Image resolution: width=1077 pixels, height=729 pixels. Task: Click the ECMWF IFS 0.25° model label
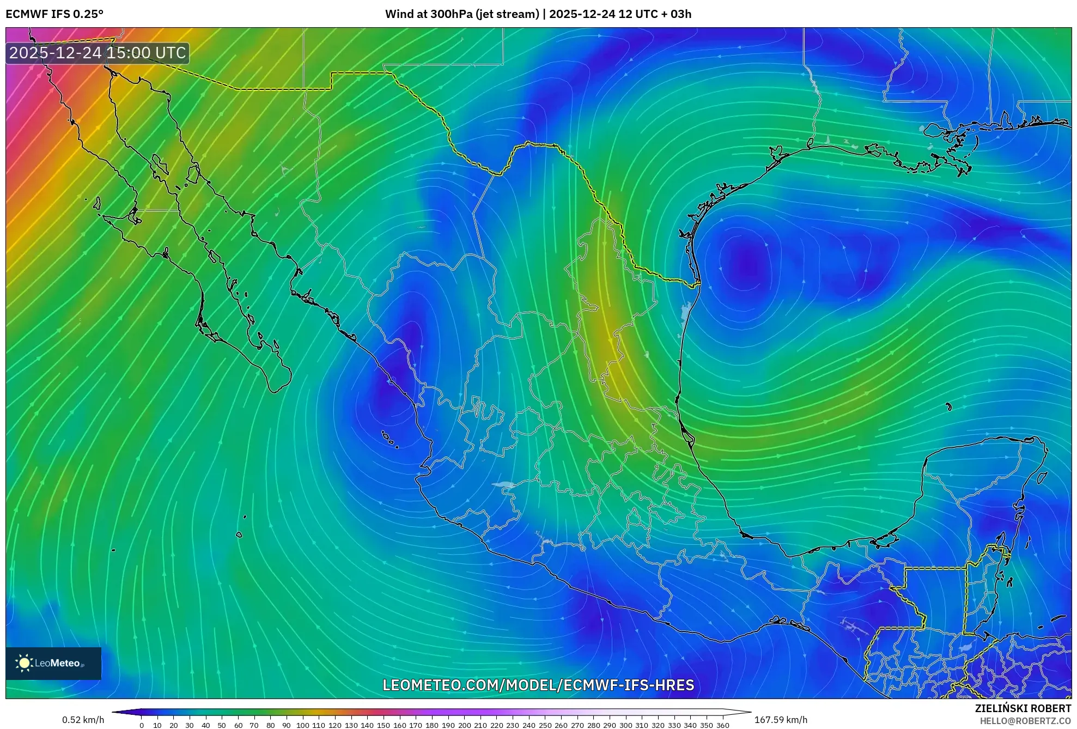pos(54,14)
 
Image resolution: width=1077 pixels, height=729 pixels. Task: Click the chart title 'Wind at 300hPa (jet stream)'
pos(461,14)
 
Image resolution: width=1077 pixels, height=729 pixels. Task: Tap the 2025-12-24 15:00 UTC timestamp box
pos(98,53)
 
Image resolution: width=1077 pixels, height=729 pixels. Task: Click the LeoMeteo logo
pos(53,663)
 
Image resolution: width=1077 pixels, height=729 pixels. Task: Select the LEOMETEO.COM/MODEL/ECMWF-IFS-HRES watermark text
pos(538,685)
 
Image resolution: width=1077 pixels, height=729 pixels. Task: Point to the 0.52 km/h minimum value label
pos(83,720)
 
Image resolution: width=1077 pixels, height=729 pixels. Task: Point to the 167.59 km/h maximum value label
pos(781,720)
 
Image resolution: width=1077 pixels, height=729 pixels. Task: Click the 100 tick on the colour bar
pos(302,725)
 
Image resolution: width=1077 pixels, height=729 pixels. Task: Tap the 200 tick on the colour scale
pos(464,725)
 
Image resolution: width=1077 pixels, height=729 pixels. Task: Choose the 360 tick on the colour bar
pos(722,725)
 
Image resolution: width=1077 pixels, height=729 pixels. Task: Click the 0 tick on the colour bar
pos(142,725)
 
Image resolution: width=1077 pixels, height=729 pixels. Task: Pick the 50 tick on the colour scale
pos(222,725)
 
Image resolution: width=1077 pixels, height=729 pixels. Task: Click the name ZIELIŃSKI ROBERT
pos(1023,708)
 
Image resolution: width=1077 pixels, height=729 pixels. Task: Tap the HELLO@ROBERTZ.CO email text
pos(1025,721)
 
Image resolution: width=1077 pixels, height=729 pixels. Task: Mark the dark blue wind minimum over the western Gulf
pos(746,264)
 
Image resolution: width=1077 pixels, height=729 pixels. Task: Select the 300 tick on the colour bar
pos(625,725)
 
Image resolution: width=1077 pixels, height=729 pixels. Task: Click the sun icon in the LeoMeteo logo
pos(25,663)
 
